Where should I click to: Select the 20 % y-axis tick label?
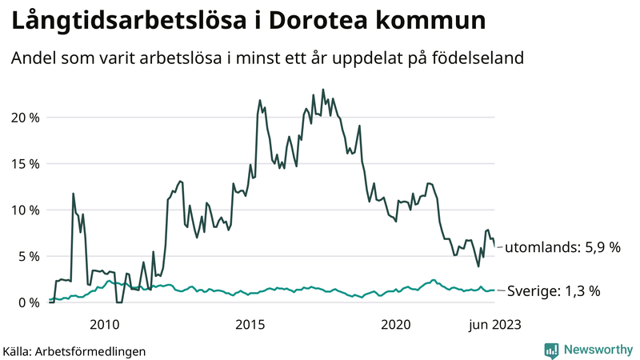click(x=24, y=118)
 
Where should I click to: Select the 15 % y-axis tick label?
click(x=24, y=164)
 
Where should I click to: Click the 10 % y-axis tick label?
click(x=24, y=210)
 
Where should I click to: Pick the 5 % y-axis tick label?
click(x=27, y=257)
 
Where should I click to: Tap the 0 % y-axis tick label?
click(x=27, y=302)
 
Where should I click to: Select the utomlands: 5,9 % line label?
click(x=562, y=248)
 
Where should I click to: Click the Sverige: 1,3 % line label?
click(x=554, y=291)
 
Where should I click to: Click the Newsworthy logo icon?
click(x=551, y=350)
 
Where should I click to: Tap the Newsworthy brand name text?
click(x=598, y=350)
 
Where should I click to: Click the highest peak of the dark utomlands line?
click(x=323, y=90)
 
